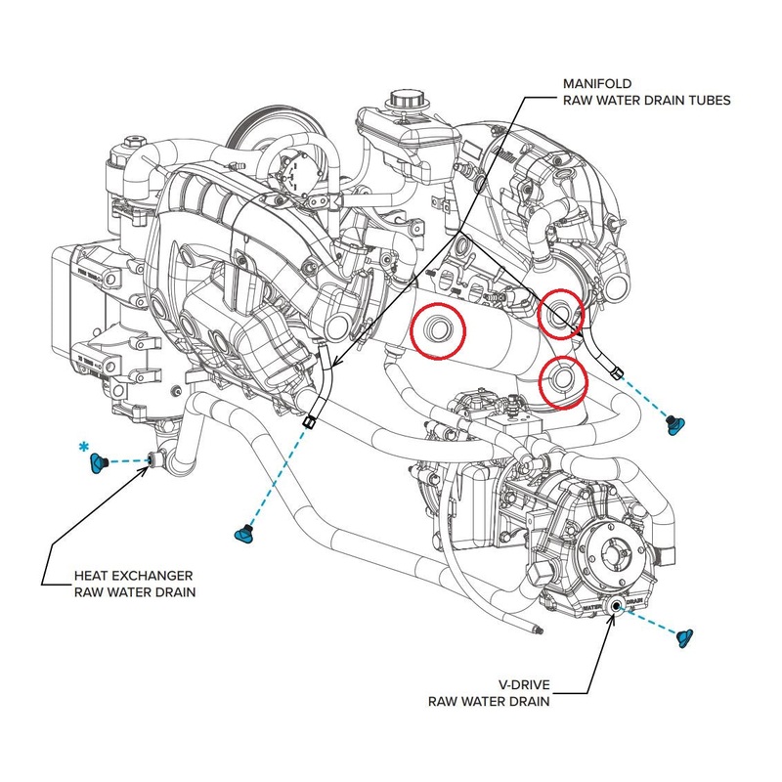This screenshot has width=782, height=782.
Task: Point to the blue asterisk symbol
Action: pos(84,448)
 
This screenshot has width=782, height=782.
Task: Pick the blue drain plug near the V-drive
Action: pos(684,636)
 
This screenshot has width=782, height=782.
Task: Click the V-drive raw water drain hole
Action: pos(617,607)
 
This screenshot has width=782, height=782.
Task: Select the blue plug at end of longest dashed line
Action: pos(242,534)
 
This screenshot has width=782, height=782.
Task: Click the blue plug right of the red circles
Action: pos(673,423)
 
